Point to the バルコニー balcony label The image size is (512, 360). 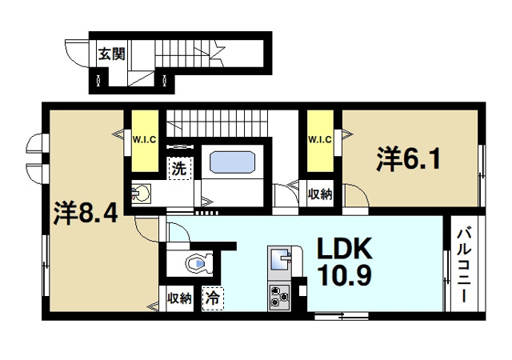coord(463,265)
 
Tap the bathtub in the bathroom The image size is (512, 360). coord(232,162)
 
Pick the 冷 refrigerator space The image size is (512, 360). coord(211,298)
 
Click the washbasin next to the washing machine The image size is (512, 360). coord(143,193)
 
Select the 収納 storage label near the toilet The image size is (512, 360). coord(179,298)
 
